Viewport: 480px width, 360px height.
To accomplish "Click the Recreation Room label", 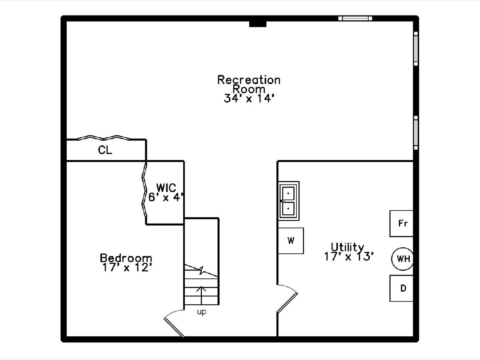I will [x=248, y=84].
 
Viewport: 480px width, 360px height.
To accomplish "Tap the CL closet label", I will [x=105, y=150].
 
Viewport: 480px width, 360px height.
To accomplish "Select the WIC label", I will [x=166, y=187].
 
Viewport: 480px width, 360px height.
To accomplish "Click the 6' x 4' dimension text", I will [x=166, y=197].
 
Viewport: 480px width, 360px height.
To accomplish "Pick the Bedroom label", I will [x=126, y=258].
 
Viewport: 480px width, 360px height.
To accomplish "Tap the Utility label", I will [x=347, y=247].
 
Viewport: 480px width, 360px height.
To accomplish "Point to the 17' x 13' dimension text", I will [x=349, y=256].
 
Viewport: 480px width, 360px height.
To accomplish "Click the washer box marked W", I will [x=291, y=241].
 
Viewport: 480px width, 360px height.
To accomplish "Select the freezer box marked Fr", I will [x=402, y=223].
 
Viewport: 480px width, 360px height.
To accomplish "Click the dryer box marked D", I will [x=402, y=288].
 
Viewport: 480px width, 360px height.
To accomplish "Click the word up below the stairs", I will [x=202, y=312].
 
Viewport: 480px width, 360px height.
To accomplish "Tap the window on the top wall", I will [x=355, y=18].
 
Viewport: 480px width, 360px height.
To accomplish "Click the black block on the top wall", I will [x=258, y=24].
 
